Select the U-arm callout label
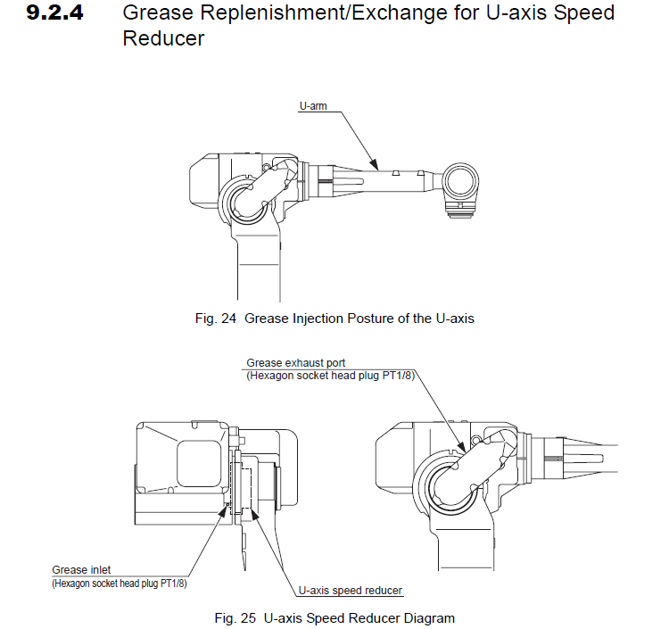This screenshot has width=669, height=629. (313, 106)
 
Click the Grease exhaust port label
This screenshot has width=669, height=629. (295, 363)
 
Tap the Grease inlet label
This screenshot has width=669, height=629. (82, 570)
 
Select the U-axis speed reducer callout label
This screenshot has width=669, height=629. (350, 591)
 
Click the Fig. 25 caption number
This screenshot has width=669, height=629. (231, 617)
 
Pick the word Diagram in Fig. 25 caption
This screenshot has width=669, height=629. (428, 617)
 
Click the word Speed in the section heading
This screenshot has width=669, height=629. (579, 14)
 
